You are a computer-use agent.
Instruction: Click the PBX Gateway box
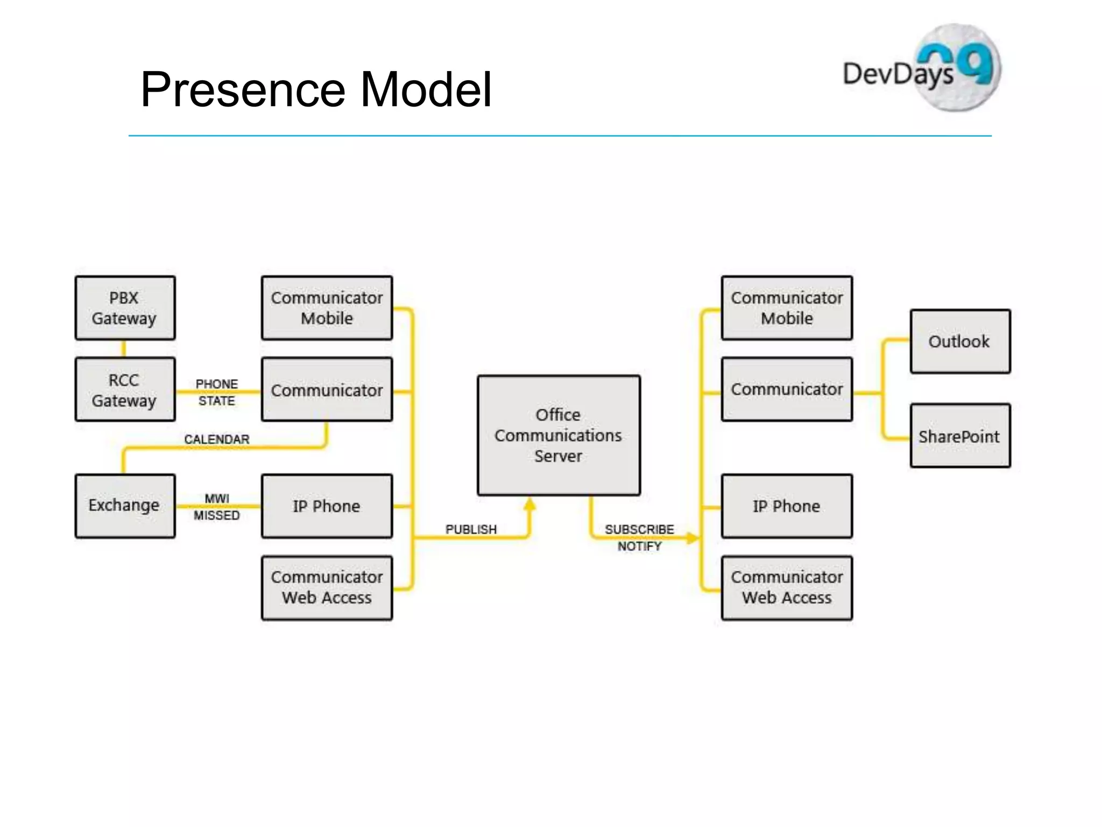(125, 308)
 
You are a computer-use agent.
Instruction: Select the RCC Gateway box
(125, 389)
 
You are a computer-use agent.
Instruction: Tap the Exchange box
(125, 506)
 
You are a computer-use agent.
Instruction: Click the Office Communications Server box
(559, 435)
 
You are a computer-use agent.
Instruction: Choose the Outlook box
(960, 341)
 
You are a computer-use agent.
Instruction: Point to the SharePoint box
(960, 436)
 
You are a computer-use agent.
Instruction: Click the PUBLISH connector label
(471, 529)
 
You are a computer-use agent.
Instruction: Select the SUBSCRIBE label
(639, 529)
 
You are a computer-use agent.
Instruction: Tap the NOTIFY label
(639, 546)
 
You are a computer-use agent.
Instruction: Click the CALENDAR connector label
(217, 439)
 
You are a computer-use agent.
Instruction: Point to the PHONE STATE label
(217, 392)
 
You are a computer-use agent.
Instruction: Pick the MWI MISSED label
(217, 507)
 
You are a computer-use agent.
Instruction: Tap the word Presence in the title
(243, 89)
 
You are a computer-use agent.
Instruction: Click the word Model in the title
(425, 89)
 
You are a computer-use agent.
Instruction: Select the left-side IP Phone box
(327, 506)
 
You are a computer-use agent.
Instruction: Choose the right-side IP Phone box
(787, 506)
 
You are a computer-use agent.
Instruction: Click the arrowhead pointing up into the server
(530, 504)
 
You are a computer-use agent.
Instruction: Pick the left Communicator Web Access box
(327, 587)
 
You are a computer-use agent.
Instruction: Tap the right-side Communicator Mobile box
(787, 308)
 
